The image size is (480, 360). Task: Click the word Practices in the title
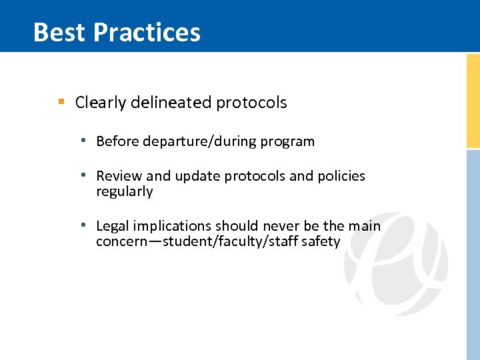pyautogui.click(x=147, y=32)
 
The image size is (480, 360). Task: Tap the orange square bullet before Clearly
pyautogui.click(x=61, y=102)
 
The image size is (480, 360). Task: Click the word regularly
pyautogui.click(x=124, y=192)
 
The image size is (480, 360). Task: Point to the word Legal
pyautogui.click(x=113, y=226)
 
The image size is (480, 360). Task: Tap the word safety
pyautogui.click(x=321, y=241)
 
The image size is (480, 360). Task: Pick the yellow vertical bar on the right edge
pyautogui.click(x=473, y=100)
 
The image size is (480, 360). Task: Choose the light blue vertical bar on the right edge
pyautogui.click(x=473, y=253)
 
